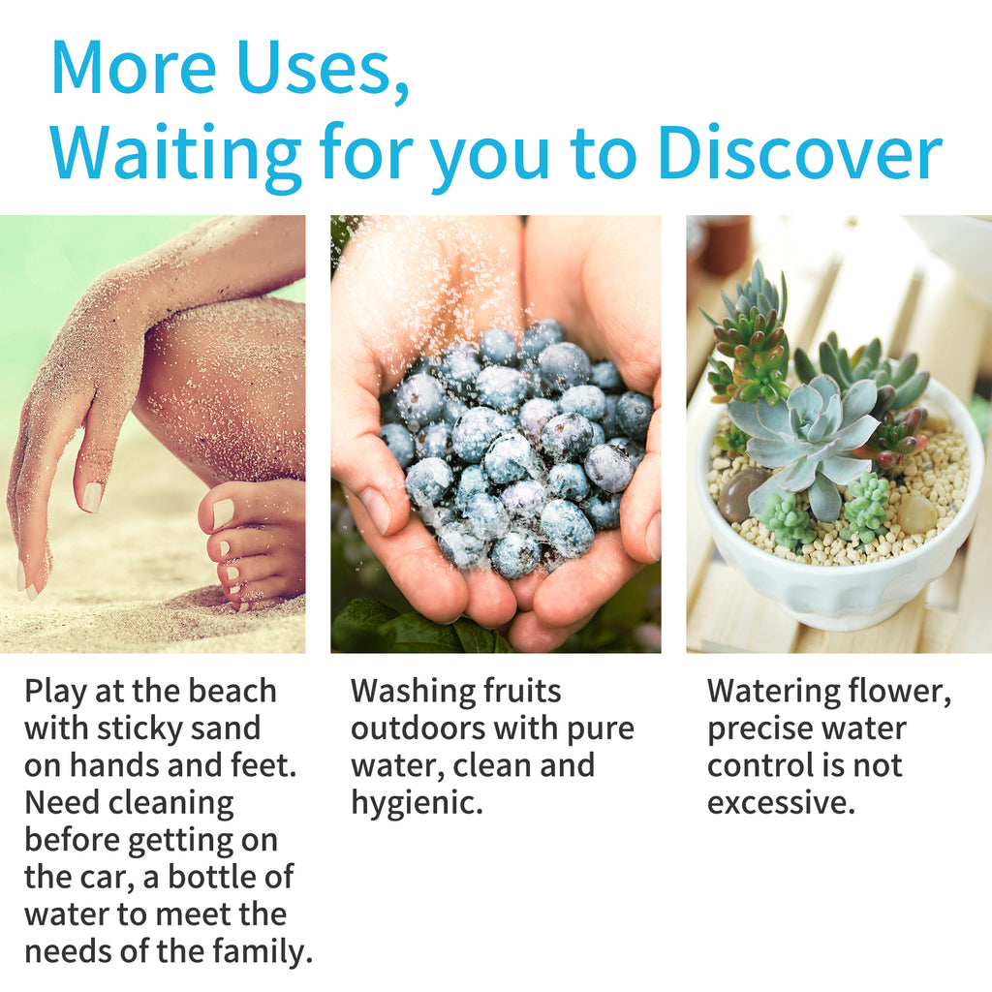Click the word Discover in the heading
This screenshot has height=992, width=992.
pos(800,152)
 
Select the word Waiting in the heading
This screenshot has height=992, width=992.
pos(176,156)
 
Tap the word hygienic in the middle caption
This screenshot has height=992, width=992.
pos(417,803)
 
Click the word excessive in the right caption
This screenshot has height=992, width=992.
pos(782,802)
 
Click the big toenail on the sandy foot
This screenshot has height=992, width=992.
pos(222,512)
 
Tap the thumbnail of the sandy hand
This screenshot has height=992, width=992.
pos(91,497)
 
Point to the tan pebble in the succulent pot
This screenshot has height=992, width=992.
pos(916,513)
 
